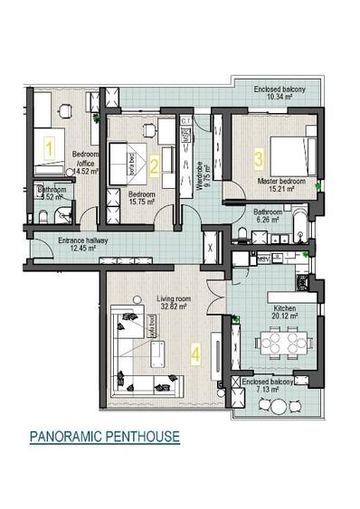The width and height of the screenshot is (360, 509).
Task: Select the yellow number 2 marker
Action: coord(155,165)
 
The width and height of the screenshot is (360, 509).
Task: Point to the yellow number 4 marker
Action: coord(196,354)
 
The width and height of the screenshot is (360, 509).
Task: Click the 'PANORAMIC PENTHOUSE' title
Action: coord(104,438)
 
